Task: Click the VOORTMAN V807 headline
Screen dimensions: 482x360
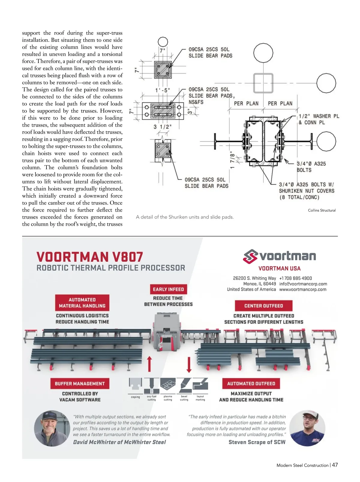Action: pos(90,257)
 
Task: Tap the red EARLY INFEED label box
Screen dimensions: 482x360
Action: pos(168,289)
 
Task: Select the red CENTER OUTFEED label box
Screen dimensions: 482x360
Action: pos(263,306)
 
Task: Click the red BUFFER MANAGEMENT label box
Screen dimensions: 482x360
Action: pos(80,384)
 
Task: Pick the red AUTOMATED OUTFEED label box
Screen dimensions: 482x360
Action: pos(251,384)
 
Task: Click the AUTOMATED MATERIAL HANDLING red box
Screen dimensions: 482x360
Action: pos(82,303)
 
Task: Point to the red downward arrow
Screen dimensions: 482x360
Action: pos(189,364)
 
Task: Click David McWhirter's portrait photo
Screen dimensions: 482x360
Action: pos(52,428)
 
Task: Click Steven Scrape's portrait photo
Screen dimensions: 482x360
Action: pos(307,428)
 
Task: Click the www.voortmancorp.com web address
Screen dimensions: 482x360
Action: pos(303,290)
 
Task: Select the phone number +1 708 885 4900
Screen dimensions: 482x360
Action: pos(295,278)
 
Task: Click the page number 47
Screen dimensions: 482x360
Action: pos(335,465)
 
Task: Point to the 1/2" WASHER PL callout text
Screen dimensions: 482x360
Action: pos(319,116)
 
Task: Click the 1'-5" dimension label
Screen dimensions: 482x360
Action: pos(163,90)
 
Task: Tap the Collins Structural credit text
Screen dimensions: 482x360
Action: pos(322,210)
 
